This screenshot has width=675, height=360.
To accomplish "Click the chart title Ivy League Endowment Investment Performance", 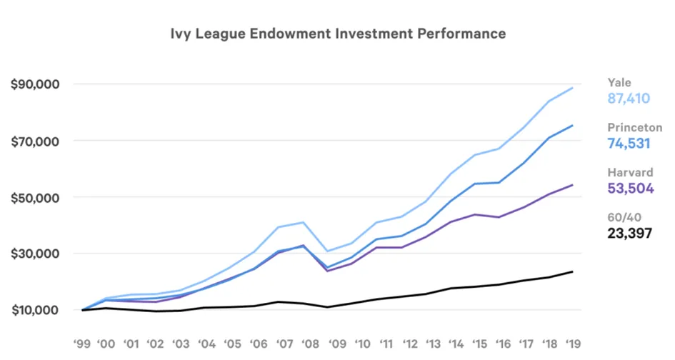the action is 338,34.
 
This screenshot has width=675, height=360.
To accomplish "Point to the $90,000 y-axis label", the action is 35,84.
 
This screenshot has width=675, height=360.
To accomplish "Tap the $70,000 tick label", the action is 35,141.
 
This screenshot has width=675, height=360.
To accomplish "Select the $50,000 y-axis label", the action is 35,198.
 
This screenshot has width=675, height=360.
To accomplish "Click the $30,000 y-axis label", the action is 35,254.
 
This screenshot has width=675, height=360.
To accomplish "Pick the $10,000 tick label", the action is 35,310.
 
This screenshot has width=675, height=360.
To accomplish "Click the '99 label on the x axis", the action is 82,344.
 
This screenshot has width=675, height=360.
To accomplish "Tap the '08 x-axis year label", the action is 310,344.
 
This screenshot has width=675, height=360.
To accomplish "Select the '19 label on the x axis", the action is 572,344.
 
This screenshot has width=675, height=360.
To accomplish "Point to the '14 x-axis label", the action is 456,344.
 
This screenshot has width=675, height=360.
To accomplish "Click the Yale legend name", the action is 619,83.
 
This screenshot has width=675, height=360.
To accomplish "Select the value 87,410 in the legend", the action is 629,99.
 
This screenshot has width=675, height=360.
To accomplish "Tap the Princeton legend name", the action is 634,127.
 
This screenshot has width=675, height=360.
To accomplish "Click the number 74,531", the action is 629,144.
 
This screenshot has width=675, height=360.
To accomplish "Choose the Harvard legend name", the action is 630,173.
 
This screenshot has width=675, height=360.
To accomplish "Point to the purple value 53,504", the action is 631,188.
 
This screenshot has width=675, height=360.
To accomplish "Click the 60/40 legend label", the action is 624,217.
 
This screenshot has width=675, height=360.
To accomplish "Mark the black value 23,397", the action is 630,234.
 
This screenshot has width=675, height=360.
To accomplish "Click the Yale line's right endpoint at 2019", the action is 573,88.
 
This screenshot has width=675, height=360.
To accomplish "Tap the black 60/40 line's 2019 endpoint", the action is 573,271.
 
